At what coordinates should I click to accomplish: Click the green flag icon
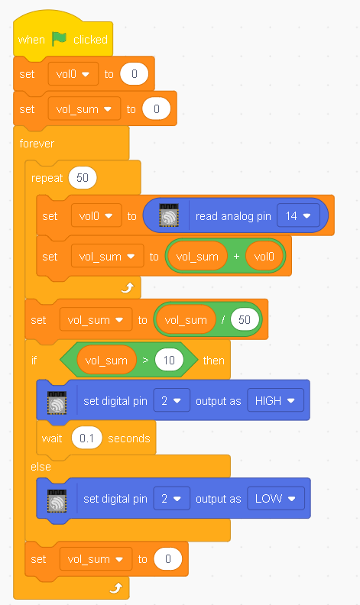click(60, 39)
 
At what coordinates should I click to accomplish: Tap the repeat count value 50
click(83, 178)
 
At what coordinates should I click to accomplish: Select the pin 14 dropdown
click(298, 215)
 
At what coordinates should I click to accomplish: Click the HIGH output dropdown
click(275, 401)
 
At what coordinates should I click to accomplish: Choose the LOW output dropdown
click(276, 499)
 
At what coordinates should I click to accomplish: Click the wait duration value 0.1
click(86, 438)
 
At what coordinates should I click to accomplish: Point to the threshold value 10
click(169, 361)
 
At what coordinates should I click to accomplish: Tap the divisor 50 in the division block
click(245, 320)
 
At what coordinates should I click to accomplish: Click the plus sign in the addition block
click(236, 256)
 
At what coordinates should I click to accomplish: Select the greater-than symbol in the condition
click(145, 361)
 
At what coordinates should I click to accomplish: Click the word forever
click(37, 144)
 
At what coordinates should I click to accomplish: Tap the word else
click(41, 467)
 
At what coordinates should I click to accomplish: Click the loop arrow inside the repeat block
click(128, 287)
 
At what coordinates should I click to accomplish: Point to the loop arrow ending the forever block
click(116, 587)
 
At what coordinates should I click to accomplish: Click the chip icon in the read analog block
click(169, 215)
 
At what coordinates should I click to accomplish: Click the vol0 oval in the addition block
click(264, 256)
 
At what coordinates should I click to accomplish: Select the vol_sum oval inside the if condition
click(106, 361)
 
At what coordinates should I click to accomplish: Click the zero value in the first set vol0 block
click(134, 74)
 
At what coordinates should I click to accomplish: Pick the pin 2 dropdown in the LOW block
click(171, 499)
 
